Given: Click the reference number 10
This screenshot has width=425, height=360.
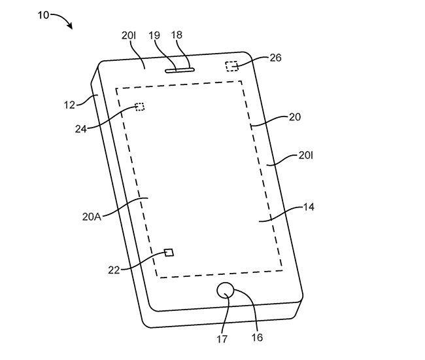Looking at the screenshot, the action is coord(43,15).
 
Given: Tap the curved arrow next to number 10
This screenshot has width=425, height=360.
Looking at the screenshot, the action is coord(64,18).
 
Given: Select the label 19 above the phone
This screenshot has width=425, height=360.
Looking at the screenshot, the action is coord(154,35).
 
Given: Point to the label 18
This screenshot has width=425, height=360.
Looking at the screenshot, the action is coord(177,35).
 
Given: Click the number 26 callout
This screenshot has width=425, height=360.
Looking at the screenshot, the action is coord(275,58).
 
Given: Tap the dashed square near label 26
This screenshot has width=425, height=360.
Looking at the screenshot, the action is coord(231,66).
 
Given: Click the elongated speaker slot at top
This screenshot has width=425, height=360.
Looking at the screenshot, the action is coord(180,70).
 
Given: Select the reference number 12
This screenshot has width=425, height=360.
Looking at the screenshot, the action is coord(69,105).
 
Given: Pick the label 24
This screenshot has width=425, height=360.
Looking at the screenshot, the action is coord(81,129).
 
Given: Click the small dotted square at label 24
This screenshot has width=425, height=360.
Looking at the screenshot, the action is coord(140,107).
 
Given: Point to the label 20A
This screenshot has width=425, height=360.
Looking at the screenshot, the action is coord(92,217).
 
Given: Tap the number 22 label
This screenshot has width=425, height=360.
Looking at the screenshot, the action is coord(114,270).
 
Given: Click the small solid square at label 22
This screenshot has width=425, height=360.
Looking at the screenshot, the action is coord(169,253).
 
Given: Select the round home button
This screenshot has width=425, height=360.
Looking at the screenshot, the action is coord(225,290).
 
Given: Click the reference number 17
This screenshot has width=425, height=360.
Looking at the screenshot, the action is coord(222,339).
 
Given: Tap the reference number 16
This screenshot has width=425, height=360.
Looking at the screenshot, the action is coord(257,338).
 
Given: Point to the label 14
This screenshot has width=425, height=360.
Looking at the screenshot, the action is coord(309,207).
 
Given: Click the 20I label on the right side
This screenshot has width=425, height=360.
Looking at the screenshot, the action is coord(306,155).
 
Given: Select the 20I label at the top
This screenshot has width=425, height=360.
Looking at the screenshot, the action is coord(128,35).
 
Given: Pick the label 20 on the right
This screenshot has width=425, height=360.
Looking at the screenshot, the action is coord(295,117).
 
